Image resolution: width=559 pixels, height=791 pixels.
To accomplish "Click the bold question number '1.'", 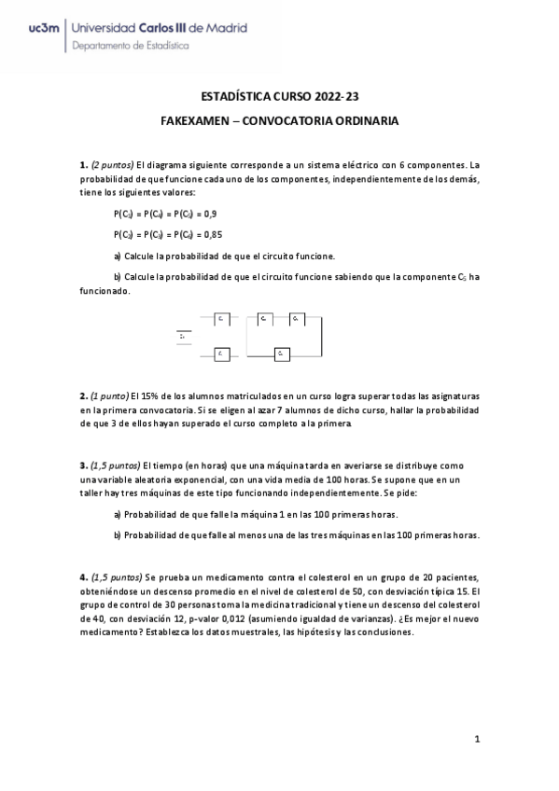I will tap(83, 164).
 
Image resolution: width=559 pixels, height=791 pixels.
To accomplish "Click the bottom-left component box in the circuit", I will tap(222, 354).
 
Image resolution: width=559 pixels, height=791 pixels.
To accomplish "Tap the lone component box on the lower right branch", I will tap(282, 354).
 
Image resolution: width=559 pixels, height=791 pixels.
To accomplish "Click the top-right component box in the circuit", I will tap(296, 319).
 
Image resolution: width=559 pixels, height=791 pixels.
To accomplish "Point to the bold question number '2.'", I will tap(83, 396).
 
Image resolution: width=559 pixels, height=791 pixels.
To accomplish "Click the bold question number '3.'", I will tap(83, 465).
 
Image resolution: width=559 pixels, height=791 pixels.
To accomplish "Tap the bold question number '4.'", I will tap(83, 577).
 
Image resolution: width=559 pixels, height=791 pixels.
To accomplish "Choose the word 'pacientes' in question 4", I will tap(452, 577).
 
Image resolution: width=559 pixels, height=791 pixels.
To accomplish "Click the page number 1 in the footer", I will tap(476, 740).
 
